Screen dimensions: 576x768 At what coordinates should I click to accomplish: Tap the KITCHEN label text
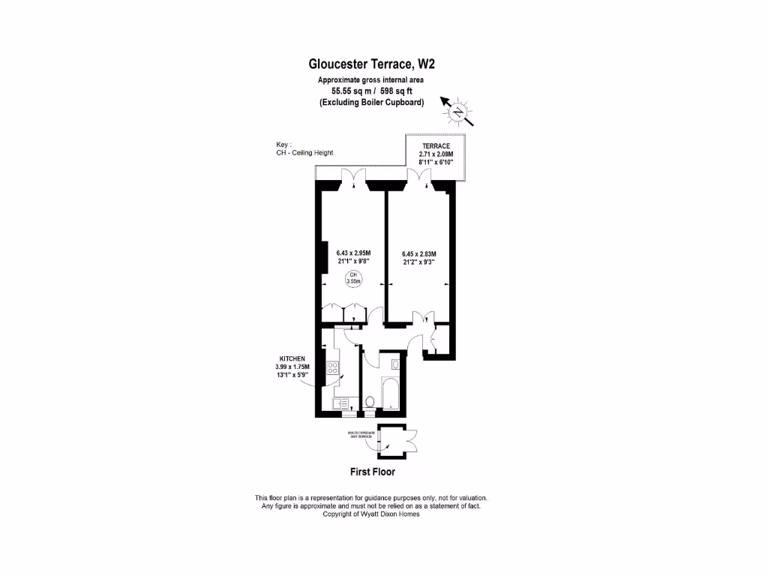(292, 359)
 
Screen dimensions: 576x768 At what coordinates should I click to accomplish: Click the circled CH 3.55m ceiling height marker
(351, 279)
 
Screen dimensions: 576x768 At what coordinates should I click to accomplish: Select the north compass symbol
(457, 112)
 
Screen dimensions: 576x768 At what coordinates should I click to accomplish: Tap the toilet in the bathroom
(369, 401)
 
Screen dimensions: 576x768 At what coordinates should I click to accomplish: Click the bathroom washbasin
(394, 364)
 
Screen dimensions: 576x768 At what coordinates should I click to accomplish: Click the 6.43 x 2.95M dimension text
(353, 253)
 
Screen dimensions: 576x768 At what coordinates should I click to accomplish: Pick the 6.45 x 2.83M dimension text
(418, 254)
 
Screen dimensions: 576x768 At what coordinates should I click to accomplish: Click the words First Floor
(373, 472)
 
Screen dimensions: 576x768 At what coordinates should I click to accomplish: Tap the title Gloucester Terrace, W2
(372, 65)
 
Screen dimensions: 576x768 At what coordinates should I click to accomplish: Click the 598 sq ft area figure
(394, 91)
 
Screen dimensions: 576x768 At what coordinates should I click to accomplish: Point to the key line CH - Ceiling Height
(304, 153)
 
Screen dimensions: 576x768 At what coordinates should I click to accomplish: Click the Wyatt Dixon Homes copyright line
(371, 514)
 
